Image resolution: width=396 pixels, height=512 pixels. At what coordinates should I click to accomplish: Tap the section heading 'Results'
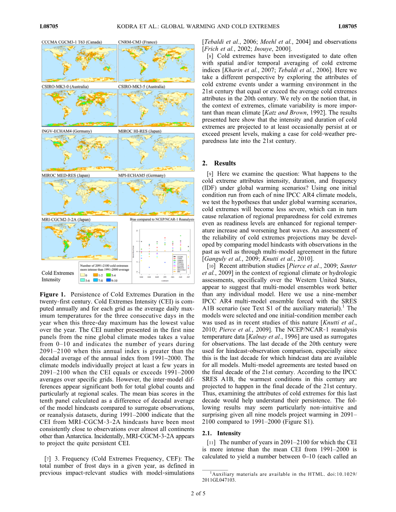pyautogui.click(x=225, y=163)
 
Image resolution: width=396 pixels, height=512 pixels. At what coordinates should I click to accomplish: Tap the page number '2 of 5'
pyautogui.click(x=198, y=494)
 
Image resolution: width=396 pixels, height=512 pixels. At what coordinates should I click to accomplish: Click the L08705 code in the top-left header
pyautogui.click(x=49, y=27)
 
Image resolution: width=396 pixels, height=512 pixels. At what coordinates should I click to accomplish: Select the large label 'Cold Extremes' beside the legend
pyautogui.click(x=58, y=273)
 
